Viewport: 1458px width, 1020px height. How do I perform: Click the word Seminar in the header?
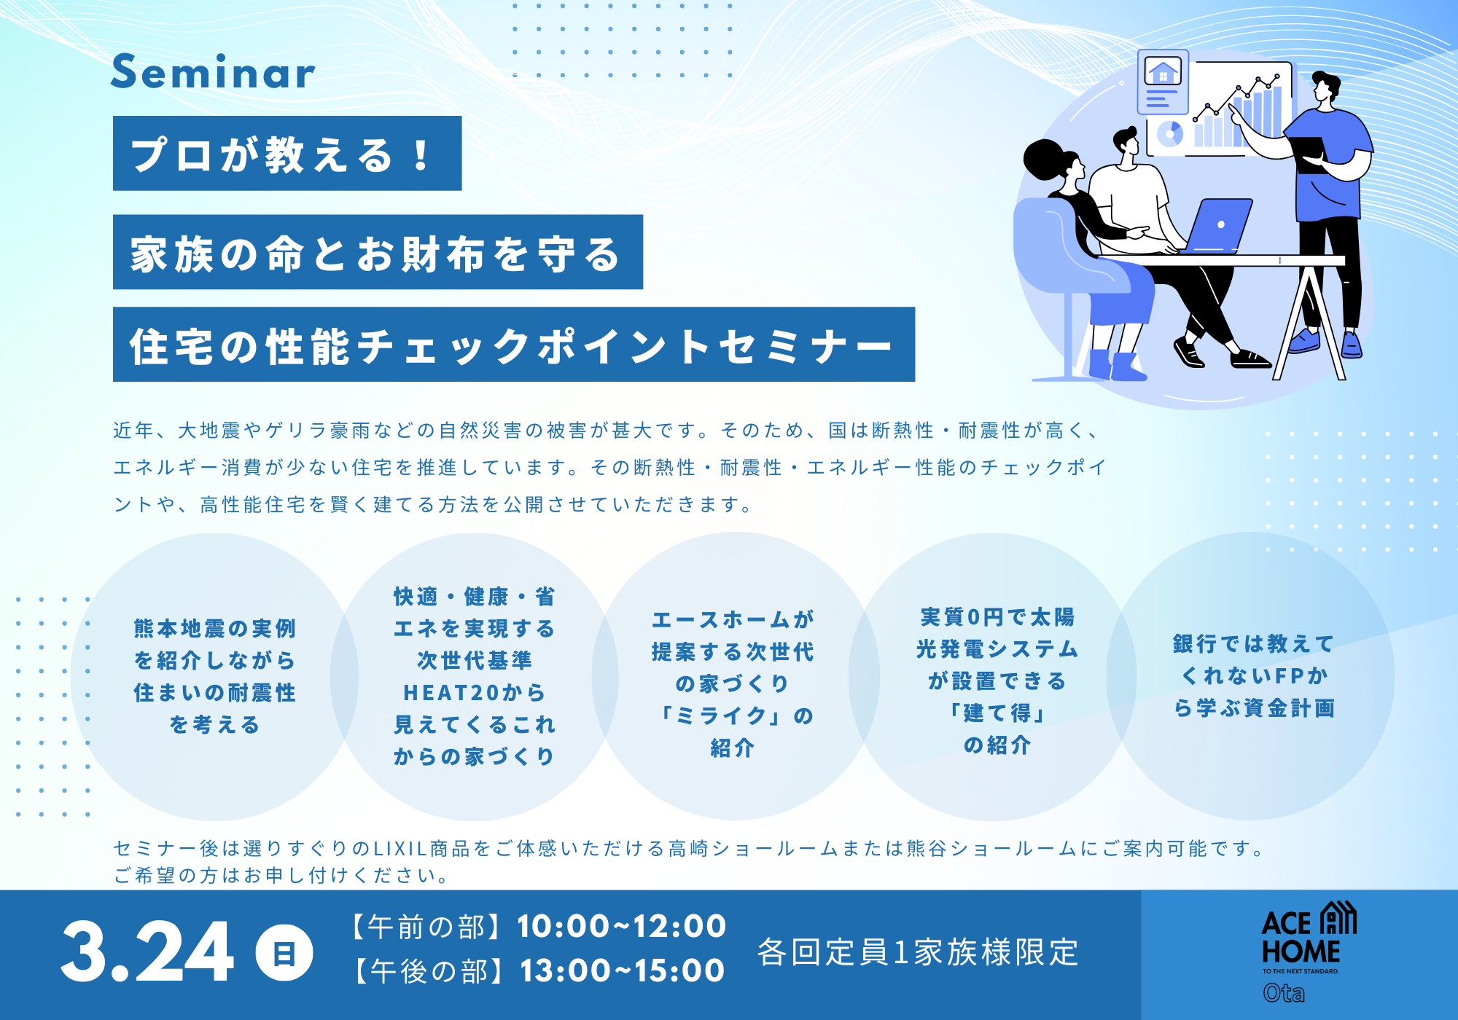coord(213,72)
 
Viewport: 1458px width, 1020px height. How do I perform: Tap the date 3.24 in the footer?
coord(147,952)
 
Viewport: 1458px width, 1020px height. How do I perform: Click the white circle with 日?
coord(284,953)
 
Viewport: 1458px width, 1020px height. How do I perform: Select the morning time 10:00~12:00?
coord(622,927)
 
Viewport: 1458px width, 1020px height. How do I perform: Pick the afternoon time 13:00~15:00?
coord(622,970)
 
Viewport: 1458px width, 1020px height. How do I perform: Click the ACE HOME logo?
coord(1309,936)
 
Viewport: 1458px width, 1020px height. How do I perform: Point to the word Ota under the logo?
coord(1284,993)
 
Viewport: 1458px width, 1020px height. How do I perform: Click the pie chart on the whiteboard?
coord(1170,134)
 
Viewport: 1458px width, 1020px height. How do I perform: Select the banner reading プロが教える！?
coord(287,154)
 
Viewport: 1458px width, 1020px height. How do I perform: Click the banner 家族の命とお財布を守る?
coord(378,252)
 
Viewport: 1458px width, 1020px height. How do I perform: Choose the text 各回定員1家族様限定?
coord(918,952)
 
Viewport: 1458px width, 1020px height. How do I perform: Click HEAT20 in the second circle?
coord(445,692)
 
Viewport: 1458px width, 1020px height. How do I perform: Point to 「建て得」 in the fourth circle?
coord(997,713)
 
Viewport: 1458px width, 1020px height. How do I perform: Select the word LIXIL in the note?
coord(400,848)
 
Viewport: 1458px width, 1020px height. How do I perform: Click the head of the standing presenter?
coord(1325,87)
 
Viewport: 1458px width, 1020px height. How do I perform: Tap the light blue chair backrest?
coord(1050,244)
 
